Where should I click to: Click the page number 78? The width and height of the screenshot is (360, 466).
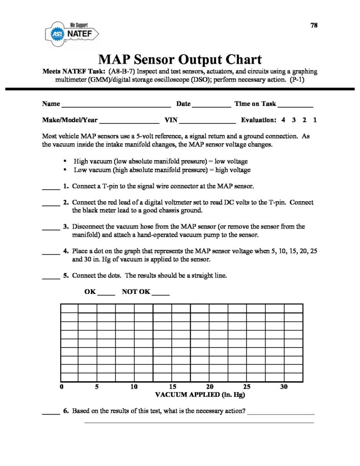(x=314, y=25)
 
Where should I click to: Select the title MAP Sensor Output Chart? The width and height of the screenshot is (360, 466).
(x=180, y=60)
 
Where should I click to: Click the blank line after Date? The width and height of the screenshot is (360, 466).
(x=211, y=106)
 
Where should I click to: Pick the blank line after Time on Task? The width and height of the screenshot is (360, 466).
(x=295, y=106)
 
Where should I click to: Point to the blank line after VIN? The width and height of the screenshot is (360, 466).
(x=208, y=122)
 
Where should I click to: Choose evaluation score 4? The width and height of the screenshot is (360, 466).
(x=283, y=121)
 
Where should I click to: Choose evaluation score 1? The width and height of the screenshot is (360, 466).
(x=315, y=121)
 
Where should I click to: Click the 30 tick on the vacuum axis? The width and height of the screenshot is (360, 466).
(x=284, y=387)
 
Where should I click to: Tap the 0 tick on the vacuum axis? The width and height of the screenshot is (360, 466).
(x=61, y=387)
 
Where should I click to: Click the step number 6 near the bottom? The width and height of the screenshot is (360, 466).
(x=66, y=411)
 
